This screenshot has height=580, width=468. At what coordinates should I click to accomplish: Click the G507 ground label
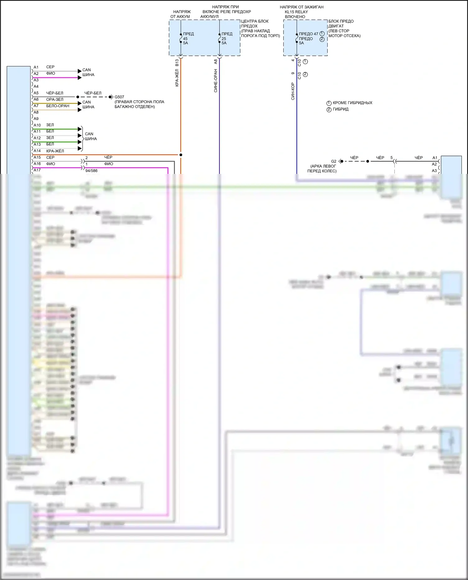pyautogui.click(x=119, y=97)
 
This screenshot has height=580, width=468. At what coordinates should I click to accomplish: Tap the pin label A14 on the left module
pyautogui.click(x=37, y=151)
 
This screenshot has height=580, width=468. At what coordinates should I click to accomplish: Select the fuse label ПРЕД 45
pyautogui.click(x=188, y=34)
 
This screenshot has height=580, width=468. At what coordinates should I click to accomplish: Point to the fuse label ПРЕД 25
pyautogui.click(x=227, y=34)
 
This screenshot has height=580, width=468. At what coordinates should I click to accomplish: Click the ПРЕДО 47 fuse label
pyautogui.click(x=308, y=34)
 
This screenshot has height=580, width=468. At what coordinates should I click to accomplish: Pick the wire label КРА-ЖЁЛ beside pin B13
pyautogui.click(x=177, y=78)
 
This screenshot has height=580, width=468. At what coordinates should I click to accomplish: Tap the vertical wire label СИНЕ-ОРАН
pyautogui.click(x=216, y=81)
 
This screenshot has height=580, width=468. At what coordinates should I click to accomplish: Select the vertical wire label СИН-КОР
pyautogui.click(x=293, y=91)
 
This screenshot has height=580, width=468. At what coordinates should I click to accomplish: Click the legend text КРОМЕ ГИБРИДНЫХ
pyautogui.click(x=352, y=103)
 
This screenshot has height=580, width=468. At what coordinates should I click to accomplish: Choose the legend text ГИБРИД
pyautogui.click(x=340, y=109)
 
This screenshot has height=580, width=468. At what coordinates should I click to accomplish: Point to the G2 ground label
pyautogui.click(x=334, y=161)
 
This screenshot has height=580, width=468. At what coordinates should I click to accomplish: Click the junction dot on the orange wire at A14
pyautogui.click(x=181, y=155)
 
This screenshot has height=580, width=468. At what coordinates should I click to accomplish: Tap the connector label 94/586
pyautogui.click(x=91, y=171)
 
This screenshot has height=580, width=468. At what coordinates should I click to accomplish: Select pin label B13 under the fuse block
pyautogui.click(x=177, y=63)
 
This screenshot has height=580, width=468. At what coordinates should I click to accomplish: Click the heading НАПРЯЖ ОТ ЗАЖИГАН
pyautogui.click(x=301, y=7)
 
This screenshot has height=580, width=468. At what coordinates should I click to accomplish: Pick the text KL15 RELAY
pyautogui.click(x=296, y=12)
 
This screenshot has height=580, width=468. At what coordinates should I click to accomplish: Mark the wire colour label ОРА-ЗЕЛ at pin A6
pyautogui.click(x=55, y=99)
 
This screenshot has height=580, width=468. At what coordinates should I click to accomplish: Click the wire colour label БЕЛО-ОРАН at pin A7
pyautogui.click(x=58, y=106)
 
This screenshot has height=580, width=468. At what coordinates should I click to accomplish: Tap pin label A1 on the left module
pyautogui.click(x=36, y=67)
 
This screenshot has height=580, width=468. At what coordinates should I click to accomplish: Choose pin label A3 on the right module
pyautogui.click(x=434, y=171)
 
